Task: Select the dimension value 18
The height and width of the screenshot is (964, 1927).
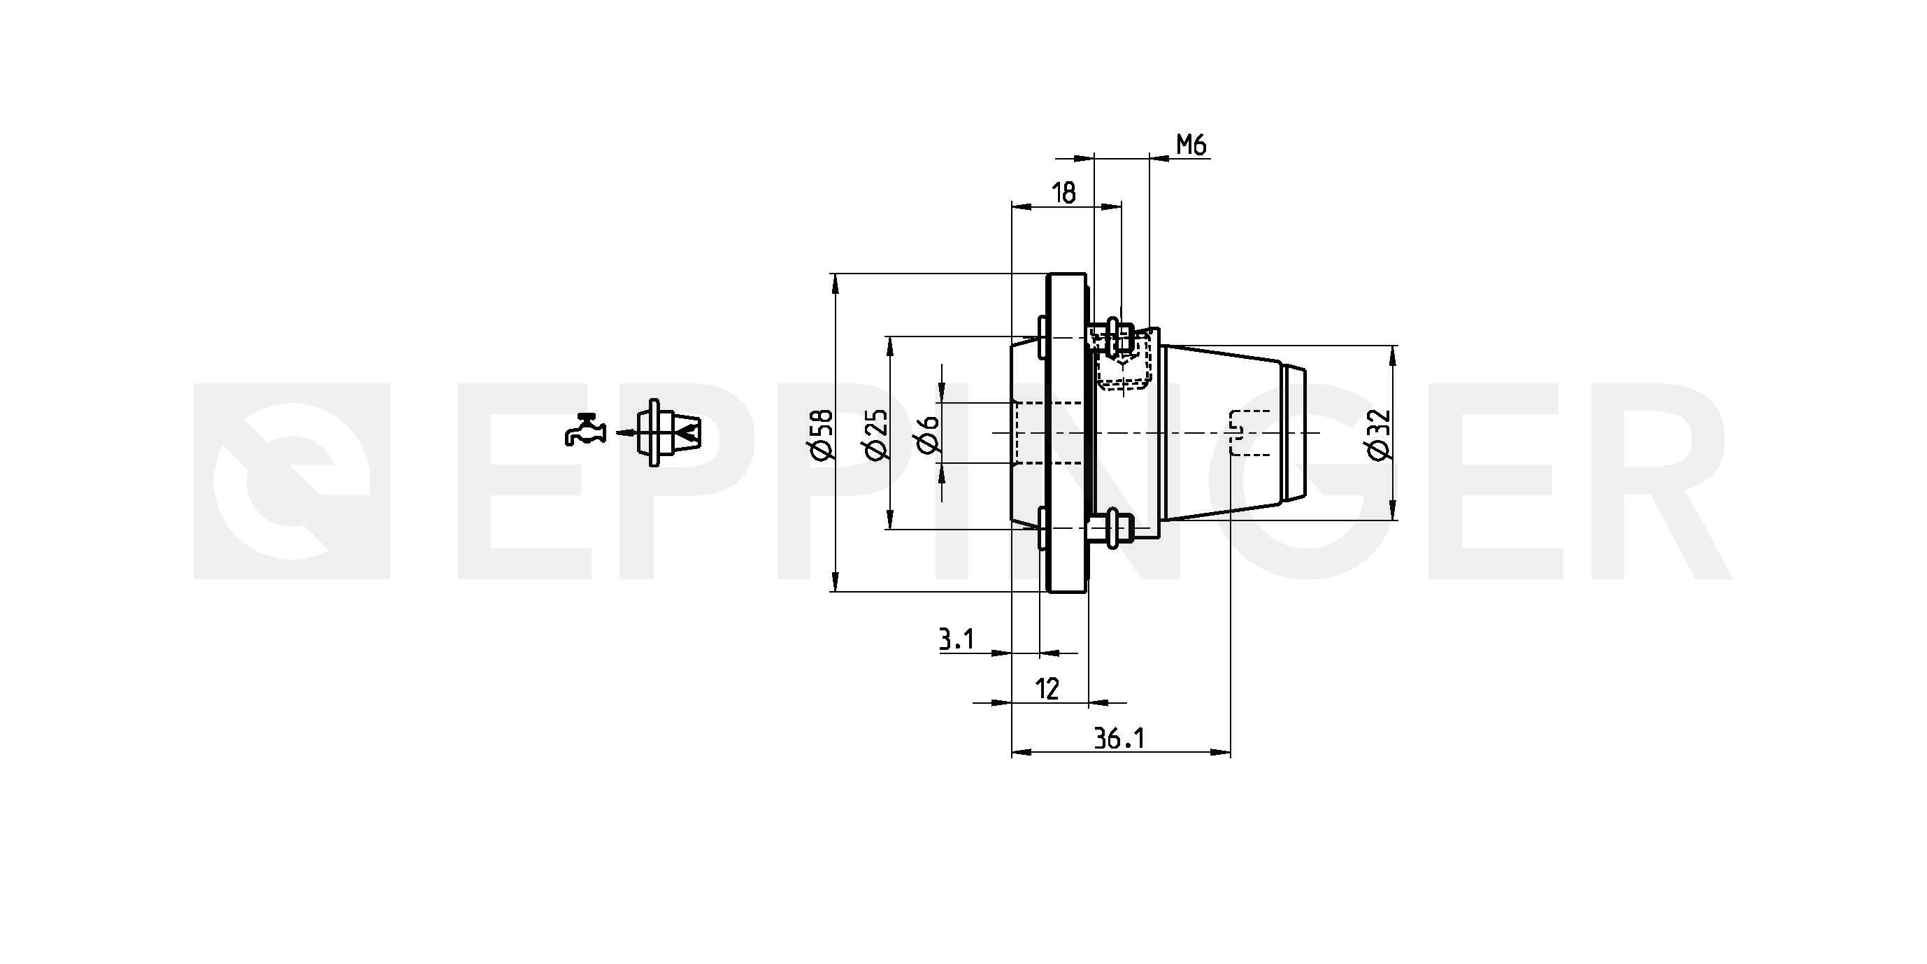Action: pos(1063,193)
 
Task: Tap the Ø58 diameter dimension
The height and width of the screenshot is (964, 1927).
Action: pos(821,433)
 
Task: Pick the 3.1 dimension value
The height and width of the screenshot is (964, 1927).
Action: pos(957,639)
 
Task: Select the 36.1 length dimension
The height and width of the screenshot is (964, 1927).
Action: pos(1119,739)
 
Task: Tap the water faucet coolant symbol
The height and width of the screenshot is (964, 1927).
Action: pos(585,430)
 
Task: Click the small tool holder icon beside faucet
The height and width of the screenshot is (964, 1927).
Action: pos(667,432)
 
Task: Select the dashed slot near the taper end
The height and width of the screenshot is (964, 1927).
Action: pos(1249,432)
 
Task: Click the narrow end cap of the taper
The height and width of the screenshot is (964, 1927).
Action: pos(1294,432)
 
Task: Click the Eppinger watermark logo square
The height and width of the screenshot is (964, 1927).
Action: pos(292,481)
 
